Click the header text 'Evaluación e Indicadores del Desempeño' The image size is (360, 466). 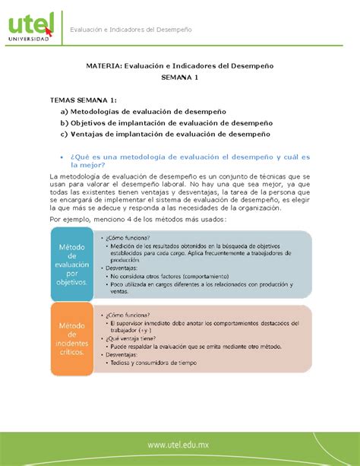pyautogui.click(x=131, y=29)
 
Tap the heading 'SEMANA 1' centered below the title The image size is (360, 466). pyautogui.click(x=179, y=78)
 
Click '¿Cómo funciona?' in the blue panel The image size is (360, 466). pyautogui.click(x=128, y=236)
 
